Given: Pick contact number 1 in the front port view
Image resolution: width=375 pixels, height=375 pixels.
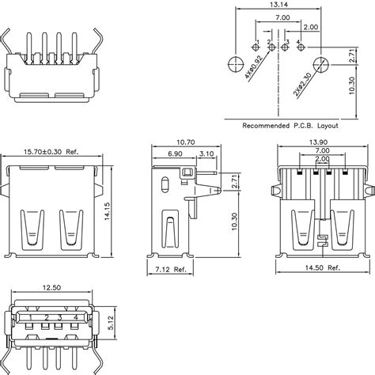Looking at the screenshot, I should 30,317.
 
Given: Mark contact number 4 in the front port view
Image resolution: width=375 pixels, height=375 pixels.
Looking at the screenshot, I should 76,317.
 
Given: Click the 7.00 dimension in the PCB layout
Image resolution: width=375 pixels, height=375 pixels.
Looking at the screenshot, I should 281,17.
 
